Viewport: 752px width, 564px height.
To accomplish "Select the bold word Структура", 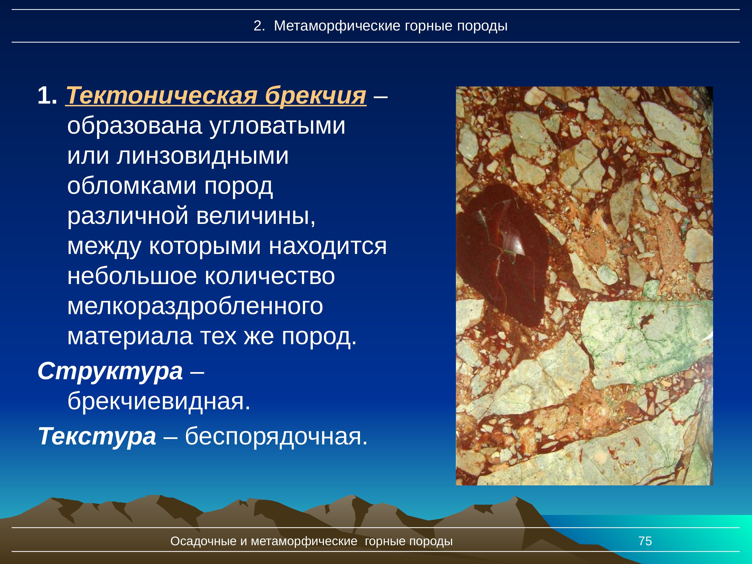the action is (110, 371).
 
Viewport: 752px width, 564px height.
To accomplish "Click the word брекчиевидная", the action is (159, 402).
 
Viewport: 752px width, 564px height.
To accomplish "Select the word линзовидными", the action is (203, 156).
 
